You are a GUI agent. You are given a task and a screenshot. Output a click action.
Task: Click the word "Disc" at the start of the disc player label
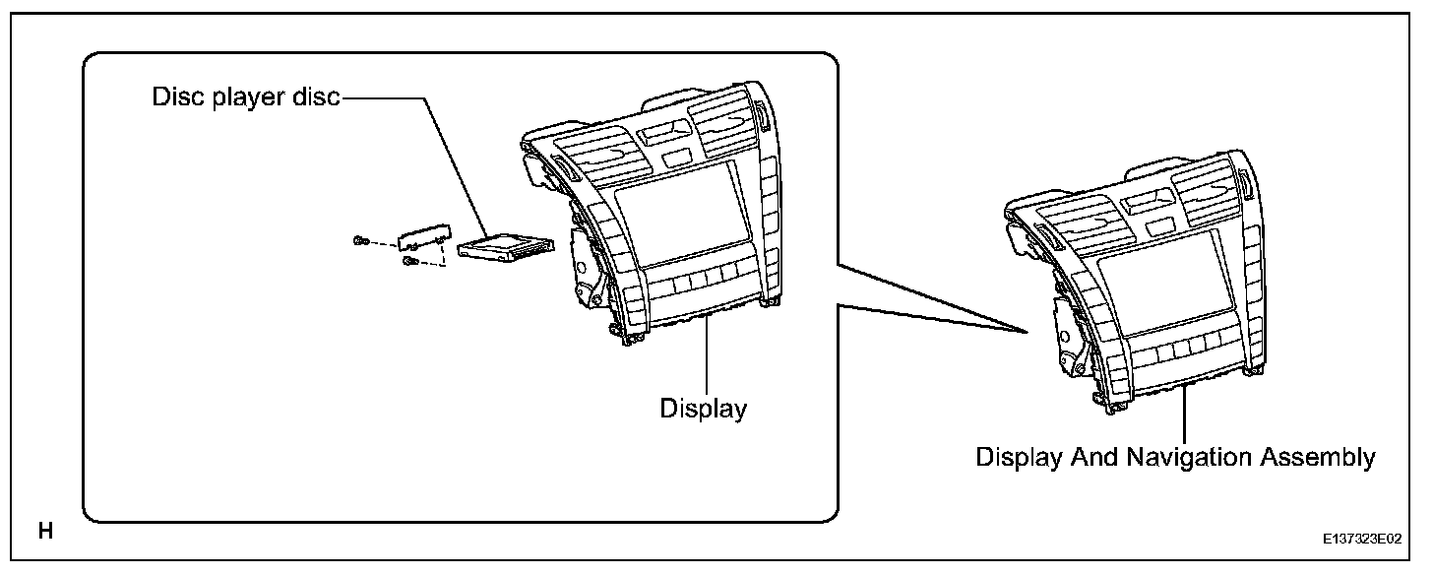(172, 98)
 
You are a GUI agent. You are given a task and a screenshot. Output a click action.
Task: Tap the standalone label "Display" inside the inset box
(703, 408)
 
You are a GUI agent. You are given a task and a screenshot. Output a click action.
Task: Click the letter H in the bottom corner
(45, 533)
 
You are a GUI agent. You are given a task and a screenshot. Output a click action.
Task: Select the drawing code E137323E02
(1363, 541)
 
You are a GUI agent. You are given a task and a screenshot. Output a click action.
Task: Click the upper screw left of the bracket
(361, 240)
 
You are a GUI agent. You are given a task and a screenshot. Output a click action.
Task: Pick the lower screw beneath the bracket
(411, 261)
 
